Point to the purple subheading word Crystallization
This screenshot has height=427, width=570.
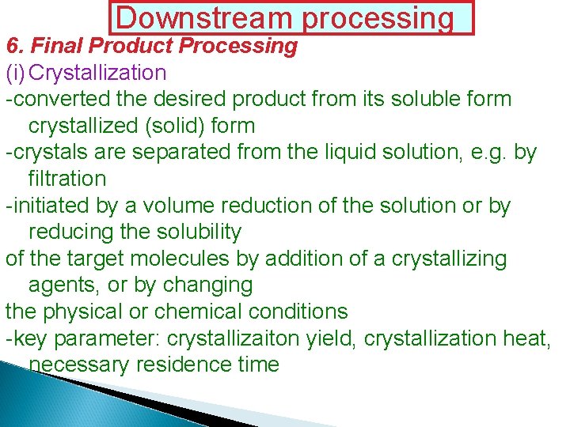[x=97, y=74]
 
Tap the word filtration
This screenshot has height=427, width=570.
[x=66, y=179]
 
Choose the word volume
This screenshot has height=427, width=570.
[x=176, y=206]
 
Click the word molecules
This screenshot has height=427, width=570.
[x=199, y=259]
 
